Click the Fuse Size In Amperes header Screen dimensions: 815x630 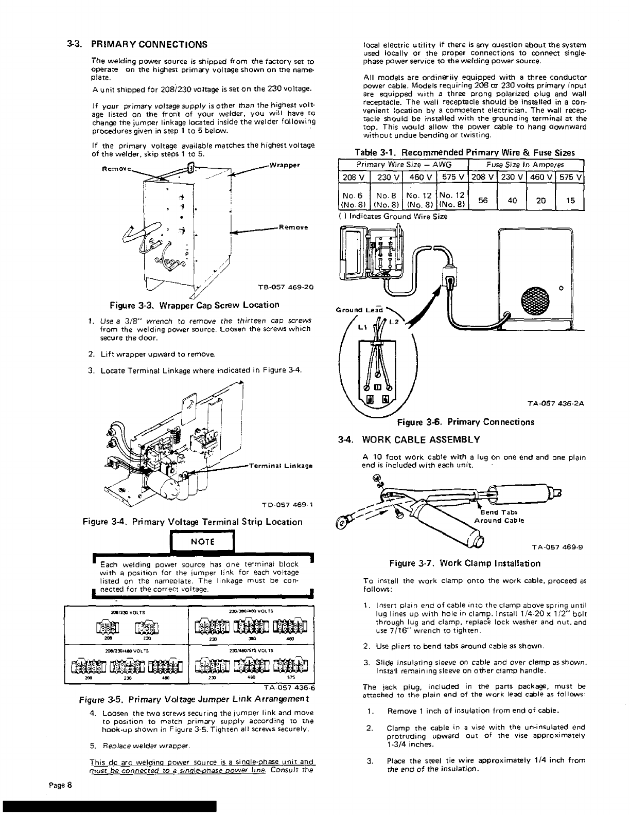526,165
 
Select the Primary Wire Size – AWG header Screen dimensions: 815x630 403,165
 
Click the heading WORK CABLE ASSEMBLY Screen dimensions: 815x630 421,439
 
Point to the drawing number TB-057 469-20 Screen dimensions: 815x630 285,287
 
